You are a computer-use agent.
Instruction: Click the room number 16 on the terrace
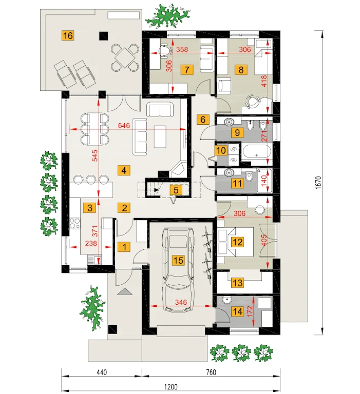coord(68,35)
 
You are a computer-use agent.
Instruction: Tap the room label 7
coord(186,69)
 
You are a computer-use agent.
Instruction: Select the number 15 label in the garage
coord(178,260)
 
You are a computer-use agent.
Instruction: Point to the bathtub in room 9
coord(257,152)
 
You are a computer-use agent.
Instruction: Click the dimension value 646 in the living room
coord(124,125)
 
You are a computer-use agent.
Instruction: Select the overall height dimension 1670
coord(318,183)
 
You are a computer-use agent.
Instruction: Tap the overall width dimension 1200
coord(171,386)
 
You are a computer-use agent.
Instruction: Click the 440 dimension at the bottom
coord(102,372)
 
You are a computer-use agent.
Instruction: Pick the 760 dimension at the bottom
coord(211,372)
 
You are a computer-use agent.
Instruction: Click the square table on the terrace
coord(125,57)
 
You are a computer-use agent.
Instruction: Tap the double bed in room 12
coord(236,242)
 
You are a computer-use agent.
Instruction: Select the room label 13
coord(237,283)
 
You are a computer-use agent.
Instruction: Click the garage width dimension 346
coord(181,302)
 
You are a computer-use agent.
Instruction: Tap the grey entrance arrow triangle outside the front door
coord(124,291)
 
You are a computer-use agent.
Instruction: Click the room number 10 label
coord(221,150)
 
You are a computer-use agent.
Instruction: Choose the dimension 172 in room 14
coord(250,311)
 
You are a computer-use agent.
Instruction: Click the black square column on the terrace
coord(103,36)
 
